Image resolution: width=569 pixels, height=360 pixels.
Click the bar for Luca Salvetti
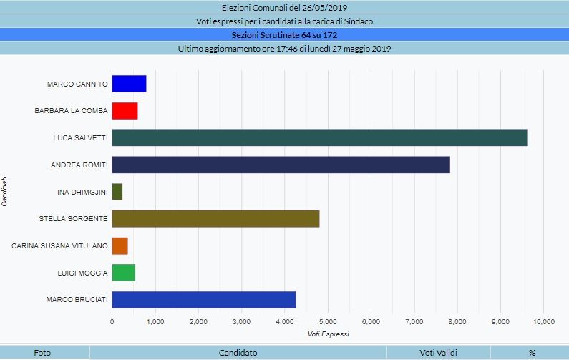[319, 137]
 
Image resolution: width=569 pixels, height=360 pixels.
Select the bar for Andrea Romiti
[281, 165]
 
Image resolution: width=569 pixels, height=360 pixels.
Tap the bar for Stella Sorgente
[215, 218]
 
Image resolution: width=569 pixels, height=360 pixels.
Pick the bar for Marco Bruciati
[204, 300]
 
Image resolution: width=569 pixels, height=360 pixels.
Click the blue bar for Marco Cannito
[129, 84]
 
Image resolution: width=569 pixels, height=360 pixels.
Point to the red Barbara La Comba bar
[125, 111]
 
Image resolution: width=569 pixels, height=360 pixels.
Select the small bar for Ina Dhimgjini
[117, 192]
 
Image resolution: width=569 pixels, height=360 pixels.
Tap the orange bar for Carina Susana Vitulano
[120, 246]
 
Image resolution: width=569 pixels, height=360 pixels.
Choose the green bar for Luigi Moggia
[123, 273]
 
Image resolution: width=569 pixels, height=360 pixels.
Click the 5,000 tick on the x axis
[328, 321]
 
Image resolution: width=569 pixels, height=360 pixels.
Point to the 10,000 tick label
[543, 321]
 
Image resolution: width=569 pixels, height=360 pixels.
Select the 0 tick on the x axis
[112, 321]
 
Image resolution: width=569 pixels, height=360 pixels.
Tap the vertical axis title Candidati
[5, 191]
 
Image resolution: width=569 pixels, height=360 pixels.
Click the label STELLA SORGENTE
[73, 219]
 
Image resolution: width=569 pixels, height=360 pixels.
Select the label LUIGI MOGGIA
[82, 273]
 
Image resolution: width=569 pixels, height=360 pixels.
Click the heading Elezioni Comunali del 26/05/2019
[284, 9]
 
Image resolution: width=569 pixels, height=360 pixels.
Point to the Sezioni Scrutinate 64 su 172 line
[284, 34]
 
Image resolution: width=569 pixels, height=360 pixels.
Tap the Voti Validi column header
[438, 353]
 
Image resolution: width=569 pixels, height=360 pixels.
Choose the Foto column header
[42, 353]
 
